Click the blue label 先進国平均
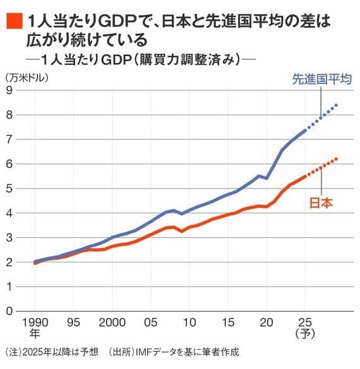321,79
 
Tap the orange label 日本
321,203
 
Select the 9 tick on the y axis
9,90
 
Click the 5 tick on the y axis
9,189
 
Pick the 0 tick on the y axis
9,311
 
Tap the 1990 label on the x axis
35,321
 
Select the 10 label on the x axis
189,321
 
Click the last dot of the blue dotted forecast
336,105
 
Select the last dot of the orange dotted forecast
336,159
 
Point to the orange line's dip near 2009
182,231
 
